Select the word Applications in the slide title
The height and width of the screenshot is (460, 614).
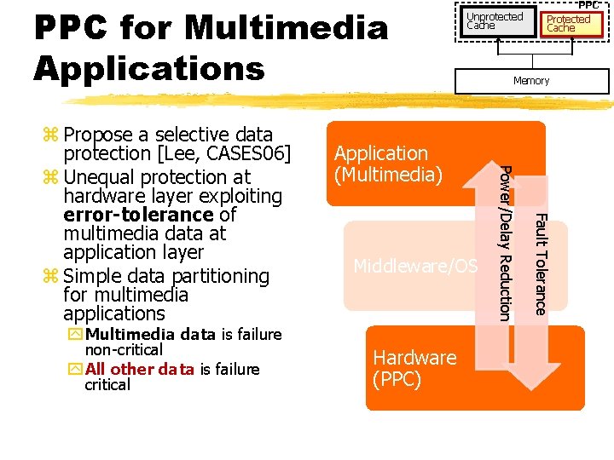[149, 68]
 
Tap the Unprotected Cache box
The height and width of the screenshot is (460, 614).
[495, 21]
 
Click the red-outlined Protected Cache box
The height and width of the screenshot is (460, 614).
[568, 23]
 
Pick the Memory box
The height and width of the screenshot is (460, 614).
[531, 81]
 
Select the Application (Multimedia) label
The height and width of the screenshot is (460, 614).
[388, 164]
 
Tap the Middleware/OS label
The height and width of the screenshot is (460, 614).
[415, 267]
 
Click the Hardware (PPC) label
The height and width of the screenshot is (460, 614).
[414, 368]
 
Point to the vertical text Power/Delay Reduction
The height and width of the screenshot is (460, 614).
[506, 243]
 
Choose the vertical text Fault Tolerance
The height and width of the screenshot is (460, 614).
[539, 264]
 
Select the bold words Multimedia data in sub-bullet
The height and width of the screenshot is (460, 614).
[151, 334]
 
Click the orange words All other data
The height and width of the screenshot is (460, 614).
[132, 369]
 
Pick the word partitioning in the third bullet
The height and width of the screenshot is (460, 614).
[221, 276]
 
